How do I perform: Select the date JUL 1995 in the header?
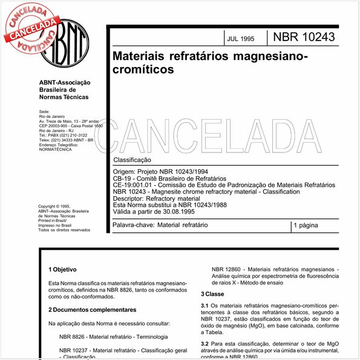pyautogui.click(x=241, y=38)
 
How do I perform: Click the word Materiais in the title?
pyautogui.click(x=139, y=56)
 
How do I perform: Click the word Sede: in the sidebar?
pyautogui.click(x=44, y=112)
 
